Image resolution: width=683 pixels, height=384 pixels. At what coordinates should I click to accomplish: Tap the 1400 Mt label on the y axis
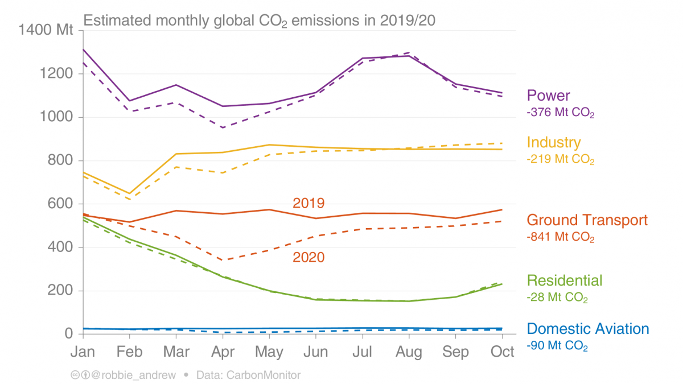46,30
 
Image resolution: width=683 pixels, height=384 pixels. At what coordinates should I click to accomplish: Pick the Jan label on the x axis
83,352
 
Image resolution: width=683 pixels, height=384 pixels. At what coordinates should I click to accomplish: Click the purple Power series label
548,96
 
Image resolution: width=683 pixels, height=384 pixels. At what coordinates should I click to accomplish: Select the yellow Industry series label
554,142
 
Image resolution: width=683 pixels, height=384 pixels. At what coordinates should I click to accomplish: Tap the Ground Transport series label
587,220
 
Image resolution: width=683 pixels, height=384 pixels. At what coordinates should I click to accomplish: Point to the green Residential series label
565,280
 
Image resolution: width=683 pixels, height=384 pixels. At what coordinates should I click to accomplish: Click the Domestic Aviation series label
588,329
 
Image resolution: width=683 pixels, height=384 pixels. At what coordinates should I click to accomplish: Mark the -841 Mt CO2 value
561,238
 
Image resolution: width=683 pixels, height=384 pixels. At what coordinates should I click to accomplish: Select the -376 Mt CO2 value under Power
561,113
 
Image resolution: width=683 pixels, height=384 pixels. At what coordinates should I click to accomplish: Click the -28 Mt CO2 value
557,298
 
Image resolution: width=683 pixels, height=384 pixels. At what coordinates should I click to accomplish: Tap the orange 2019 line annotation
308,203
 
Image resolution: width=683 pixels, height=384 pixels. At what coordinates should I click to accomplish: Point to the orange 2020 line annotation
308,258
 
